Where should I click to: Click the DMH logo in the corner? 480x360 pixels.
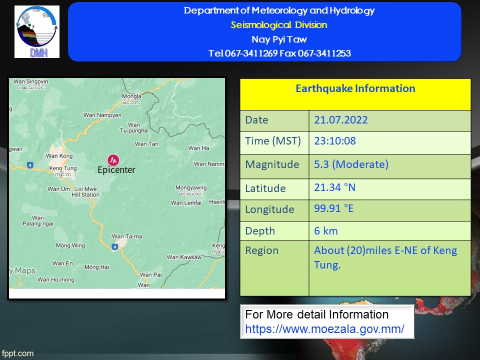pos(36,31)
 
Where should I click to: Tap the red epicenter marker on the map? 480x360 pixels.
pos(113,160)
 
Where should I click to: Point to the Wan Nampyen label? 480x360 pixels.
pos(102,115)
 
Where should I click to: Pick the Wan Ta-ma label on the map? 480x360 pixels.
pos(126,236)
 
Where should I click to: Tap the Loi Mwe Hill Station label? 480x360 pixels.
pos(85,191)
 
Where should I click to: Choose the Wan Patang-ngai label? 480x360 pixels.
pos(37,220)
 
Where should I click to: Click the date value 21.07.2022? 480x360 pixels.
pos(340,119)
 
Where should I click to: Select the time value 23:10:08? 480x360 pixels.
pos(335,141)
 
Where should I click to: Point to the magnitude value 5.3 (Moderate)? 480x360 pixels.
pos(351,164)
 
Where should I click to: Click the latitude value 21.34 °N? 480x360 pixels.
pos(334,187)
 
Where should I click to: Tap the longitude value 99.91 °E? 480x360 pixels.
pos(333,208)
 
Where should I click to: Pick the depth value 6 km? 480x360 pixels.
pos(325,231)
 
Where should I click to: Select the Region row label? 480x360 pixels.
pos(261,250)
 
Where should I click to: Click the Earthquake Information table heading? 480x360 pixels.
pos(355,88)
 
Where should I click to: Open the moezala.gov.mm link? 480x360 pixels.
pos(324,329)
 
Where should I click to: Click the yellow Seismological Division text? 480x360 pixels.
pos(279,25)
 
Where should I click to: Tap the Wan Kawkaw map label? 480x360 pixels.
pos(184,257)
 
